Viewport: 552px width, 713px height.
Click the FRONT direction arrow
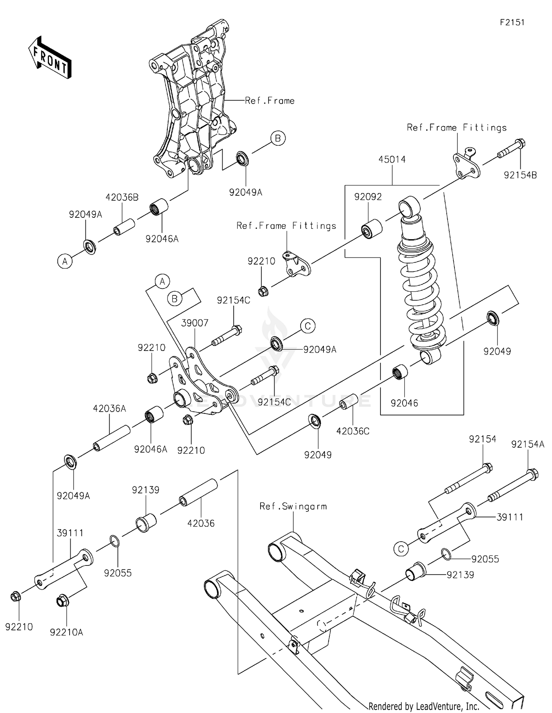click(x=50, y=58)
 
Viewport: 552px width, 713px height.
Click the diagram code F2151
click(x=512, y=22)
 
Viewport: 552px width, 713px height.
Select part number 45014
click(x=392, y=160)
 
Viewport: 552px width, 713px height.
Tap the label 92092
click(x=368, y=197)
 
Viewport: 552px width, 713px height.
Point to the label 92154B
click(x=520, y=175)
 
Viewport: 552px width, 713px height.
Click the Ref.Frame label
click(x=269, y=101)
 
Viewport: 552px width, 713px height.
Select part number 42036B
click(x=122, y=198)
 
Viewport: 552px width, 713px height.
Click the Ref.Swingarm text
click(x=293, y=506)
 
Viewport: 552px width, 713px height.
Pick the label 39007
click(x=195, y=323)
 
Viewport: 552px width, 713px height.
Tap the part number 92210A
click(x=66, y=632)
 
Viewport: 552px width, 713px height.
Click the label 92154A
click(x=527, y=444)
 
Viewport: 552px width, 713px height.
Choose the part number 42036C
click(x=353, y=431)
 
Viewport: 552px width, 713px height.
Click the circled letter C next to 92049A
click(x=308, y=326)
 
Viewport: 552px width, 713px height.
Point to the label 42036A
click(x=109, y=408)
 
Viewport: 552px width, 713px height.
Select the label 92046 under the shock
click(x=404, y=403)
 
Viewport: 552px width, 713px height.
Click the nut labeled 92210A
click(x=61, y=602)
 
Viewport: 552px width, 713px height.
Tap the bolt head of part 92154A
click(x=532, y=474)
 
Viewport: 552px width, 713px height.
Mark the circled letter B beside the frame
click(x=278, y=138)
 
